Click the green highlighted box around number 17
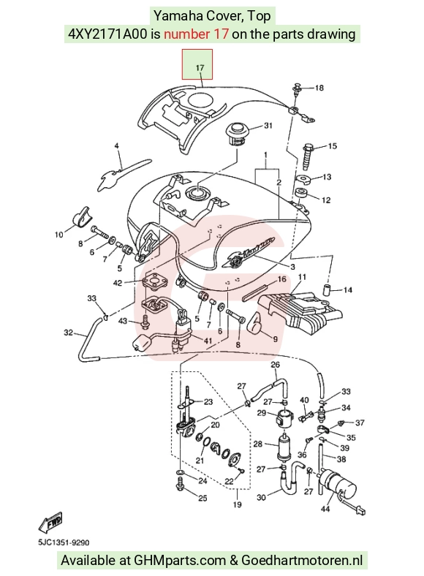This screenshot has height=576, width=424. [197, 64]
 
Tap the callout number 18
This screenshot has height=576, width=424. [319, 88]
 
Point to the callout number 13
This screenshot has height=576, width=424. [327, 177]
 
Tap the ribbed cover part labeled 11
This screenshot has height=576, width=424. [300, 311]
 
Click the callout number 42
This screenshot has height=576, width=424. [118, 283]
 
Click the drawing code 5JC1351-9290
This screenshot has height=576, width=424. [64, 542]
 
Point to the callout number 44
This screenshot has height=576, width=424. [325, 509]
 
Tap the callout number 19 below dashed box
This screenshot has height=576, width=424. [238, 505]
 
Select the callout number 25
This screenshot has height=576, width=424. [202, 498]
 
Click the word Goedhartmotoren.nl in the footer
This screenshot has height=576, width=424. [302, 561]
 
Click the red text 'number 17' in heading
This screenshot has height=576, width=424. [196, 34]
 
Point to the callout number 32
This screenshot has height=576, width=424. [68, 333]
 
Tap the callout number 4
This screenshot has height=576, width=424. [117, 146]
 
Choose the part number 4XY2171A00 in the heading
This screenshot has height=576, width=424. [107, 34]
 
